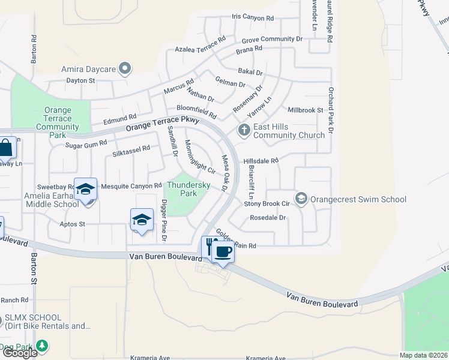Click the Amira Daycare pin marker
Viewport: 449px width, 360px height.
pos(125,69)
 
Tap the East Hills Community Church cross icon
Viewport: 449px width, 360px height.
pos(244,130)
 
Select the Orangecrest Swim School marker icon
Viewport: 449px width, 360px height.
pos(301,198)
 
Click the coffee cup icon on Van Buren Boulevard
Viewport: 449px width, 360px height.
pos(223,251)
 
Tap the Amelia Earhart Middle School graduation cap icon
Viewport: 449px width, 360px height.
pos(85,189)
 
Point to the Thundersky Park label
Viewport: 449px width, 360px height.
pos(188,190)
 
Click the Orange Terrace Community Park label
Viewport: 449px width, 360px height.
pos(58,122)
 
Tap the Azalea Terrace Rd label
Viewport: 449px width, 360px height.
pos(200,45)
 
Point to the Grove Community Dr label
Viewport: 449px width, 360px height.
pos(272,39)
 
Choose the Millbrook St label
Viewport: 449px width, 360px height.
pos(305,110)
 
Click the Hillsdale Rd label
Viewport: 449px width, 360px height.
pos(261,161)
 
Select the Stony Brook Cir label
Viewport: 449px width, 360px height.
pos(267,204)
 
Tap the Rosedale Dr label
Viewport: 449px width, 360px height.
pos(268,218)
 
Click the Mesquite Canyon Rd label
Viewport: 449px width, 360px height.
pos(131,186)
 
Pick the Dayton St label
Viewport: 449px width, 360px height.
pos(81,80)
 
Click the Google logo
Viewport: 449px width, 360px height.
pos(20,353)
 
